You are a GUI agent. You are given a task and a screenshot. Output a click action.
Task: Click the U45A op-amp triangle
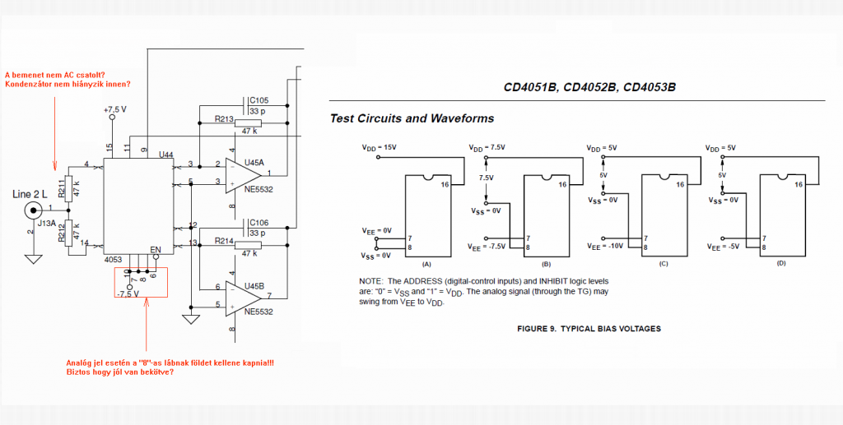tap(246, 174)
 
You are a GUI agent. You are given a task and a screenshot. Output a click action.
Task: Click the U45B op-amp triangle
tap(246, 298)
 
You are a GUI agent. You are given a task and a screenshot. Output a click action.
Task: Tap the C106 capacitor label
tap(259, 223)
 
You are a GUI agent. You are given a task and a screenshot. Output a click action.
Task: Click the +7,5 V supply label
tap(116, 109)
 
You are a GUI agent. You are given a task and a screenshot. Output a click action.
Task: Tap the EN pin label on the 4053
tap(156, 249)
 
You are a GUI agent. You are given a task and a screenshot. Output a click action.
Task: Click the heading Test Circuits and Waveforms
tap(412, 118)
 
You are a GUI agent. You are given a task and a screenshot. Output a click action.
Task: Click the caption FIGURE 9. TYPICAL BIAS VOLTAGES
tap(589, 329)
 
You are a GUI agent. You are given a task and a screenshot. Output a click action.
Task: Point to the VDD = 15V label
tap(380, 148)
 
